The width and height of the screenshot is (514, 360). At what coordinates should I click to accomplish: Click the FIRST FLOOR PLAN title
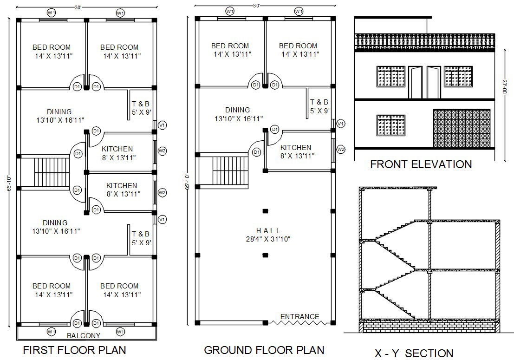coord(74,350)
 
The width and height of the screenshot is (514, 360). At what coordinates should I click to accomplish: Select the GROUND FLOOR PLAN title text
coord(264,350)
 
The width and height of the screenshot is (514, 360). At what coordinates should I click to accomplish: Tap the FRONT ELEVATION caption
coord(421,164)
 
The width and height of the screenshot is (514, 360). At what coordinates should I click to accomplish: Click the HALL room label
coord(268,231)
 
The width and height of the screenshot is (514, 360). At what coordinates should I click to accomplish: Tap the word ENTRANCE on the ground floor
coord(299,317)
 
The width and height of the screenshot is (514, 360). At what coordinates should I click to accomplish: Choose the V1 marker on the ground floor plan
coord(341,124)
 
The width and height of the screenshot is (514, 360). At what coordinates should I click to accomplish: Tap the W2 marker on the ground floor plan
coord(341,149)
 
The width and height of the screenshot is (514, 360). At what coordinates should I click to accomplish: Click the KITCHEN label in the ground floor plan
coord(296,148)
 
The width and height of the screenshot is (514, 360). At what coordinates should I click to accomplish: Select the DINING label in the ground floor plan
coord(238,110)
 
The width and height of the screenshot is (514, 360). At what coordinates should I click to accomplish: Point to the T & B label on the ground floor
coord(319,102)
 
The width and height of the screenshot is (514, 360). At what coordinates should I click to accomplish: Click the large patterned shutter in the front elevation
coord(461,129)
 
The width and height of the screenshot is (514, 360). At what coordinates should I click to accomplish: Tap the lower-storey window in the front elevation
coord(391,125)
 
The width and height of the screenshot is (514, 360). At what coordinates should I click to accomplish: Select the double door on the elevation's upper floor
coord(424,82)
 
